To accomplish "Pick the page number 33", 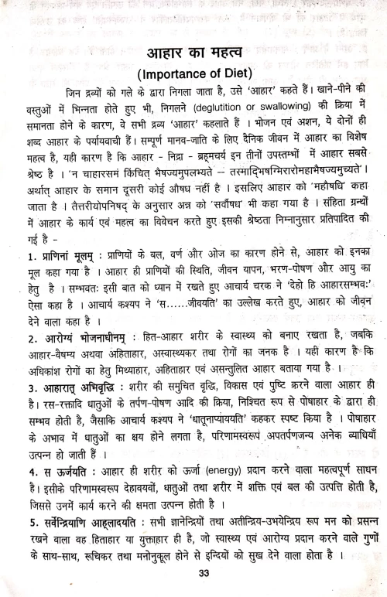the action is (x=204, y=573).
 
